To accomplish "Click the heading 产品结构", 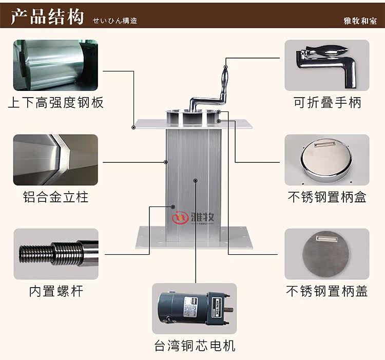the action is pos(47,17).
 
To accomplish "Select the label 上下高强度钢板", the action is pos(55,103).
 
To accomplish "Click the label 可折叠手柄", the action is pos(328,103).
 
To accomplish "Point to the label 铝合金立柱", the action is pos(55,197).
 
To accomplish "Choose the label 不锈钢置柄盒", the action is pos(327,197).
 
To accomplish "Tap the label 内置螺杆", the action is pos(55,292).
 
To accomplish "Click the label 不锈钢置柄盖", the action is pos(327,292).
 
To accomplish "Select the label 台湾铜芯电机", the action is pos(195,345).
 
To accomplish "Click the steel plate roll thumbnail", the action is pos(55,65).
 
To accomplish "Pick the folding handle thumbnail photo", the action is pos(327,65).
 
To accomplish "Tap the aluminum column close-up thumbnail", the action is pos(55,160).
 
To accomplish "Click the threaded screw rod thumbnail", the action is pos(55,254).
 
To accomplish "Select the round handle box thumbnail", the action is pos(327,160).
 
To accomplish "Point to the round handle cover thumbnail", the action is pos(327,254).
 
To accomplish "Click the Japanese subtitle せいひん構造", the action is pos(115,21).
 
